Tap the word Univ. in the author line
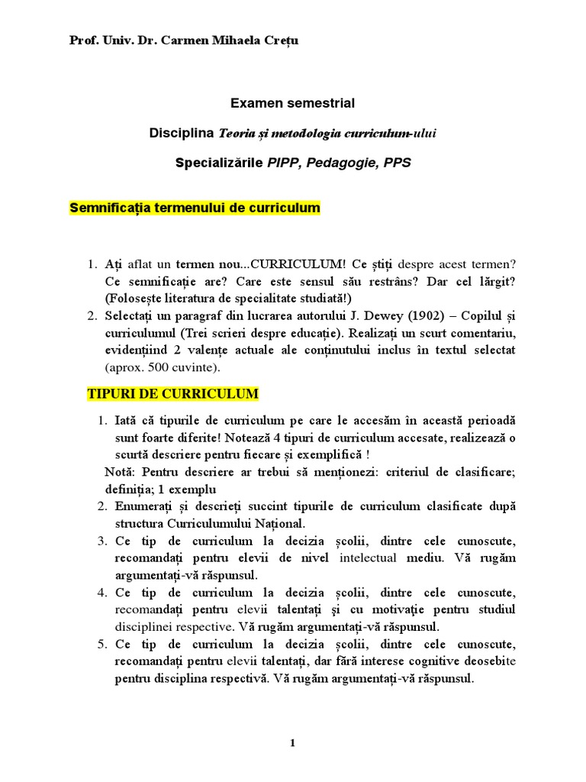(x=113, y=40)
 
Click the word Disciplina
(x=182, y=133)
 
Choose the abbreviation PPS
(x=398, y=163)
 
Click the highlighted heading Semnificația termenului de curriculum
(x=195, y=208)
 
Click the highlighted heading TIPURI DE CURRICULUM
(x=173, y=394)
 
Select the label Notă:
(x=121, y=472)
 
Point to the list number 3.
(x=101, y=541)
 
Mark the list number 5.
(x=101, y=644)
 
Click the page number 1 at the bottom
(x=292, y=743)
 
